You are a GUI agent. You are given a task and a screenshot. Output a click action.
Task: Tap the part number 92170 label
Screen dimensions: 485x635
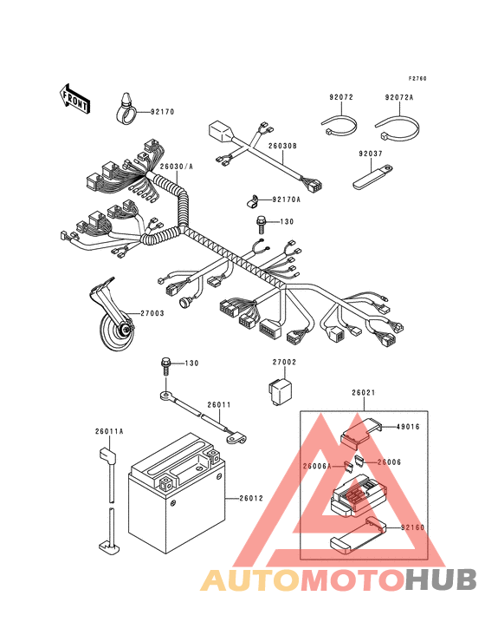point(163,112)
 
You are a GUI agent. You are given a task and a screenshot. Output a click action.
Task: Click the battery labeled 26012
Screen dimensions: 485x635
point(177,494)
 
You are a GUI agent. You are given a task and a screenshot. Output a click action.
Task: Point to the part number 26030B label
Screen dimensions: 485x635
point(283,146)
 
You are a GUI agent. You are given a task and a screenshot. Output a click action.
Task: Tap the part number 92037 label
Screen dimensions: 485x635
point(371,154)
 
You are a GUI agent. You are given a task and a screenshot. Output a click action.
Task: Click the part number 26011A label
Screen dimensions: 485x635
point(109,432)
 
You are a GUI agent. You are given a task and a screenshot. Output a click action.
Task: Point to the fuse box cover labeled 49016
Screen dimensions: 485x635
point(361,434)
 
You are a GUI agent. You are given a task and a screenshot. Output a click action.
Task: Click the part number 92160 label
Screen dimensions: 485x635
point(412,527)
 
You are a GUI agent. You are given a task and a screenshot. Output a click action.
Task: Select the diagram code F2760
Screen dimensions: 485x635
point(417,79)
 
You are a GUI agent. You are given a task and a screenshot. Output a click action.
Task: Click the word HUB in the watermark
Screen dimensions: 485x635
point(442,579)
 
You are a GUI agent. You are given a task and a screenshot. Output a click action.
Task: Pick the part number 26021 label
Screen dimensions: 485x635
point(364,392)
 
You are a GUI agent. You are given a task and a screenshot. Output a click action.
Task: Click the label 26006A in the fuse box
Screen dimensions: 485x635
point(317,466)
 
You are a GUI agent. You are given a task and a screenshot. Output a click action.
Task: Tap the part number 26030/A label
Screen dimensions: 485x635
point(176,167)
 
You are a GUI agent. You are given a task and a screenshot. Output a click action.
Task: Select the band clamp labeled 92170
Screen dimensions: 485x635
point(126,108)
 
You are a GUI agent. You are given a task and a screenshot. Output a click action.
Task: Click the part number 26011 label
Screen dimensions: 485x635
point(218,405)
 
